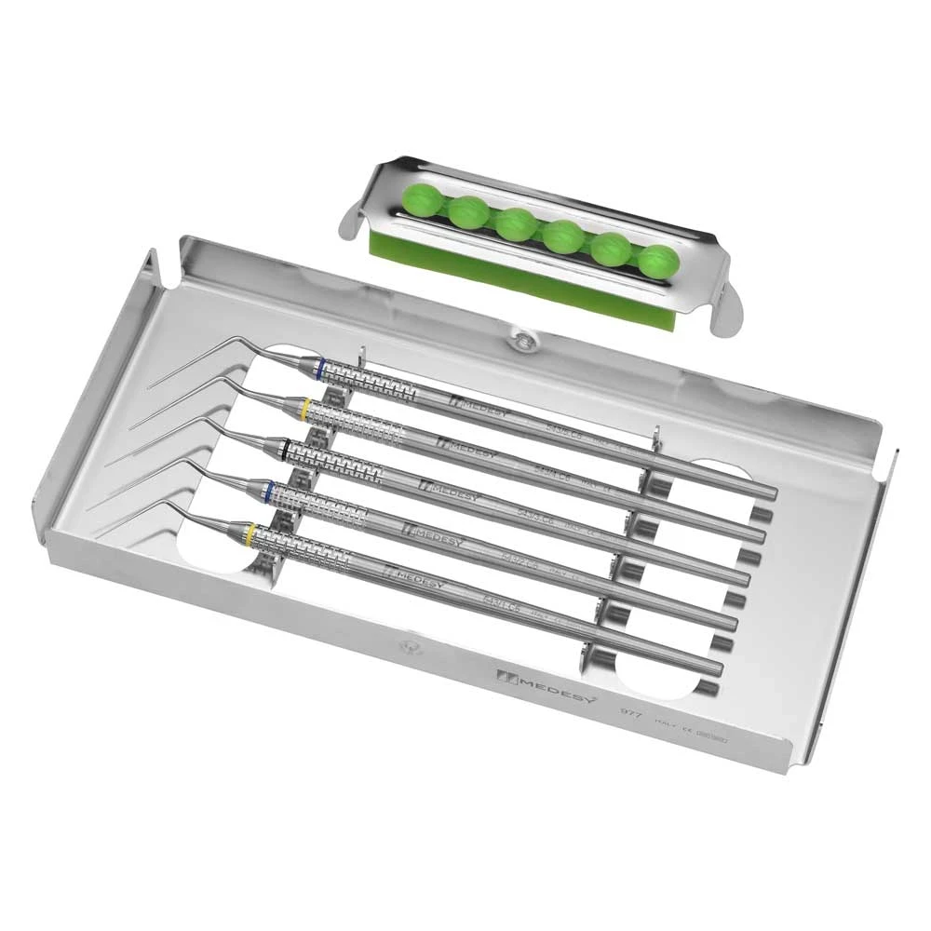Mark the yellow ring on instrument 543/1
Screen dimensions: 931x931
coord(251,533)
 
